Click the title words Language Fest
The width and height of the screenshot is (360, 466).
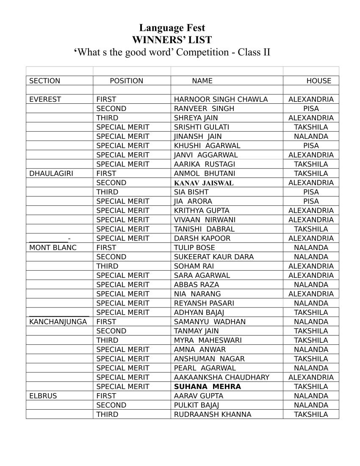(172, 28)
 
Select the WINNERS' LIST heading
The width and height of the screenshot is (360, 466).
(172, 40)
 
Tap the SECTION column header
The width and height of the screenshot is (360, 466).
(44, 81)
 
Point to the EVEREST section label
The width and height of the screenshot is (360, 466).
(45, 100)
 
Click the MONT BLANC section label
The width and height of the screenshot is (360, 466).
(53, 247)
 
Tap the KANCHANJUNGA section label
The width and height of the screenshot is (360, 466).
(58, 322)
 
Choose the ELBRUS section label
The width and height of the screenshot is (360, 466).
(43, 396)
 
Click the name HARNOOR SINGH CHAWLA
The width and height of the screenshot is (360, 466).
(221, 100)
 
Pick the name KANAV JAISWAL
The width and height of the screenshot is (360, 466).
(204, 183)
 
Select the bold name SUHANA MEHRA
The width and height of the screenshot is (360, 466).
(207, 386)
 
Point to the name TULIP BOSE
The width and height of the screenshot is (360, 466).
(194, 247)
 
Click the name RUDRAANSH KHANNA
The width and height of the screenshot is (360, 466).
(213, 414)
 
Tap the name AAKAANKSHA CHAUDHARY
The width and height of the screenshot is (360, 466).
(222, 377)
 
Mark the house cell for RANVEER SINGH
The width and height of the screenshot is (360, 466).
(311, 108)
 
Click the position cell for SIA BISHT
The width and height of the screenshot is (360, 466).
(107, 192)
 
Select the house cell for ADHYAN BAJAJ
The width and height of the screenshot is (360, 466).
(311, 312)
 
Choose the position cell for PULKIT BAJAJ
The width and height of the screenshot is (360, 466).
(111, 405)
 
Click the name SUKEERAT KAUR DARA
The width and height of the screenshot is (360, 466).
(214, 257)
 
